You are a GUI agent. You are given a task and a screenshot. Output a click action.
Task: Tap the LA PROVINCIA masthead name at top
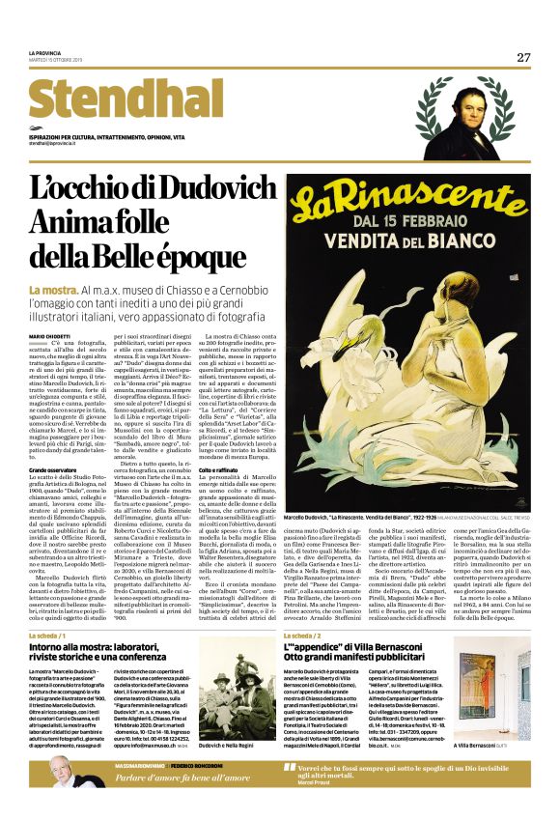(x=45, y=52)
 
